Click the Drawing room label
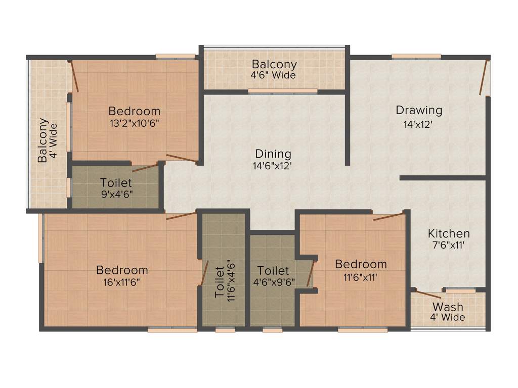pyautogui.click(x=419, y=110)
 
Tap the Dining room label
pyautogui.click(x=273, y=154)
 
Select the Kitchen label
pyautogui.click(x=449, y=233)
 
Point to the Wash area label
pyautogui.click(x=448, y=307)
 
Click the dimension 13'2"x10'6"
pyautogui.click(x=135, y=123)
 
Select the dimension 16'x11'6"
pyautogui.click(x=122, y=282)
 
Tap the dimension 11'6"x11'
pyautogui.click(x=361, y=276)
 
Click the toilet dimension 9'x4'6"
pyautogui.click(x=116, y=193)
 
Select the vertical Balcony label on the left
pyautogui.click(x=43, y=140)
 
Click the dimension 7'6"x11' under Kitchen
pyautogui.click(x=449, y=245)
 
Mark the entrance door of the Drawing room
pyautogui.click(x=484, y=77)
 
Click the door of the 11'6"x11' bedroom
pyautogui.click(x=388, y=217)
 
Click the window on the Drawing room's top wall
pyautogui.click(x=416, y=57)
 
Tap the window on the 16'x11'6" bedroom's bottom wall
pyautogui.click(x=172, y=330)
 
